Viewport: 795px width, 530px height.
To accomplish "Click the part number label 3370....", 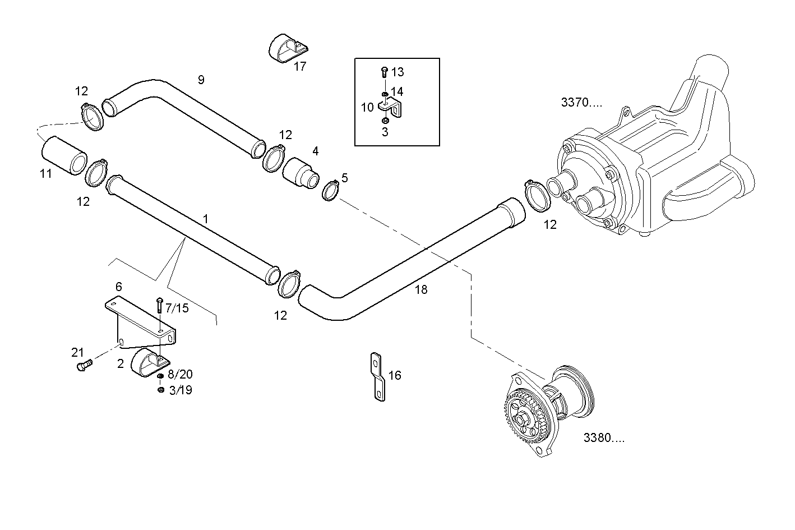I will pos(581,103).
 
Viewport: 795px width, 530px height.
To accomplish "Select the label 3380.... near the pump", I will pos(603,438).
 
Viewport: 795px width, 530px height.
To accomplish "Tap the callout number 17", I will pos(300,66).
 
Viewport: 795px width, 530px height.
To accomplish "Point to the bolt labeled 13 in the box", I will pos(384,71).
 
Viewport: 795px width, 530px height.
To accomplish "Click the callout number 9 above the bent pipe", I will pos(201,80).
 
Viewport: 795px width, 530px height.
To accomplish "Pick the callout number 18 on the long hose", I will pos(421,289).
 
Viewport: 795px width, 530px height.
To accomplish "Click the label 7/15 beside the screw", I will pos(177,308).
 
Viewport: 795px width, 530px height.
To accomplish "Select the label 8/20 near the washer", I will pos(180,375).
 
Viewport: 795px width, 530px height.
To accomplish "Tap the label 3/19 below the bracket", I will pos(180,390).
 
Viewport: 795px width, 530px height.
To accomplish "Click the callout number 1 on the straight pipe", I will pos(206,218).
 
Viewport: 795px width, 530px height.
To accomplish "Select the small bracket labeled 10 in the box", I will pos(391,107).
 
